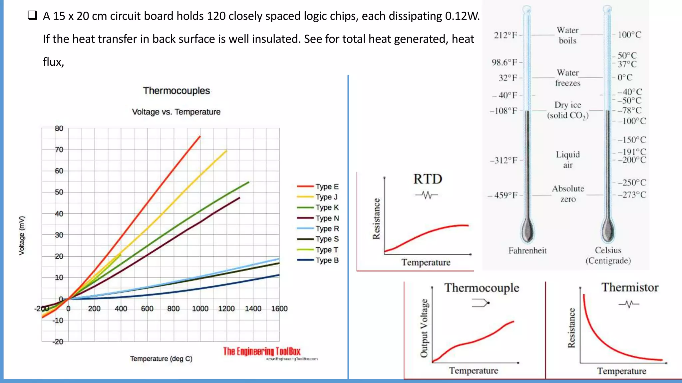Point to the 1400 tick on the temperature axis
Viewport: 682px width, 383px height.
[253, 309]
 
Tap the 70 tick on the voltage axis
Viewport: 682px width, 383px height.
[59, 150]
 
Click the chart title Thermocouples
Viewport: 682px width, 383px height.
[176, 91]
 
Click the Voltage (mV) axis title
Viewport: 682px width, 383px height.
[22, 235]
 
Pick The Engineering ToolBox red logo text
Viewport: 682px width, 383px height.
[261, 351]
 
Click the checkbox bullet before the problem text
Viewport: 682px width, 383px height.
[32, 15]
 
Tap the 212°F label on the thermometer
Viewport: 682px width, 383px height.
[505, 35]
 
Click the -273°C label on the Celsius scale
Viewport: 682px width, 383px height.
[632, 195]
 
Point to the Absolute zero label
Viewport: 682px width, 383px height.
[568, 193]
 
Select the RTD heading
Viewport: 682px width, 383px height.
[428, 179]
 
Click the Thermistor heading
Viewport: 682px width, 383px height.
[630, 287]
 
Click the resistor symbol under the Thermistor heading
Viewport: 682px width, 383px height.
[629, 304]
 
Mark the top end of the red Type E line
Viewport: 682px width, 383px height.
[200, 136]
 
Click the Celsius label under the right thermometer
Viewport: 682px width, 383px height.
[608, 250]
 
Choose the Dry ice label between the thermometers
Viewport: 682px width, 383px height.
[568, 110]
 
